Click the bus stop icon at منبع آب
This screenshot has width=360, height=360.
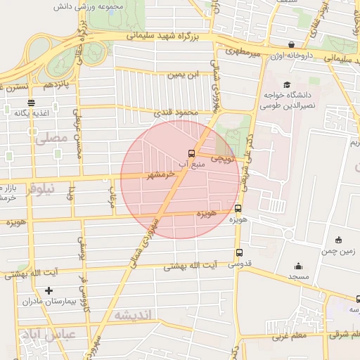click(x=191, y=153)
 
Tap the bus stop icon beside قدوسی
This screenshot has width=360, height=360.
click(x=240, y=253)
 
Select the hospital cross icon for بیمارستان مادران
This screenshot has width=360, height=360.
click(x=49, y=290)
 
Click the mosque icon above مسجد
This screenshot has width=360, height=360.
click(x=297, y=266)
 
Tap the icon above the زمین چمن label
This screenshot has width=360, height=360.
click(x=339, y=240)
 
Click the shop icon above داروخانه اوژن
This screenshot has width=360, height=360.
click(x=291, y=44)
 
